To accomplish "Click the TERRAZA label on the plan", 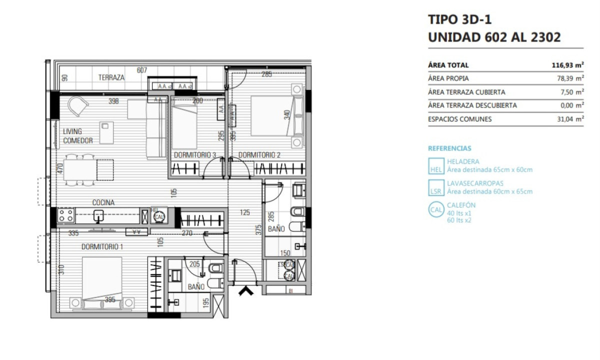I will (111, 77).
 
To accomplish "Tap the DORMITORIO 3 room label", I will (194, 155).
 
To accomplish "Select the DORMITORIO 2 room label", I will (259, 155).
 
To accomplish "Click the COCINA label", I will (103, 202).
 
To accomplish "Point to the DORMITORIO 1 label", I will (102, 246).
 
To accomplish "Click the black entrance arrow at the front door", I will (245, 290).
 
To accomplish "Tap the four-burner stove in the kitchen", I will (65, 215).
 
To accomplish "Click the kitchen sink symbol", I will (98, 215).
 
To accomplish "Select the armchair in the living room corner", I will (78, 105).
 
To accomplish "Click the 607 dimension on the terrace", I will (141, 70).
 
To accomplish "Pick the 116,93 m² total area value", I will (567, 65).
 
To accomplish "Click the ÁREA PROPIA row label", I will (448, 78).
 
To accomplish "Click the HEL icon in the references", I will (435, 166).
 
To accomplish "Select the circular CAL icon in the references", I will (436, 210).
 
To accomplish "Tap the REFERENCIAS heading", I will (449, 148).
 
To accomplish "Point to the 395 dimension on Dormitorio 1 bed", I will (110, 299).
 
